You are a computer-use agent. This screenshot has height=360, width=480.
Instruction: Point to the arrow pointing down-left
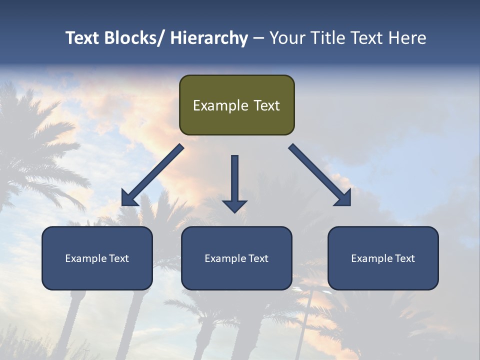(152, 175)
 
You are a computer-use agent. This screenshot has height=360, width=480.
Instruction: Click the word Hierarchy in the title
(209, 38)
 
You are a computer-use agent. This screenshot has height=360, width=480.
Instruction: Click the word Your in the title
(286, 38)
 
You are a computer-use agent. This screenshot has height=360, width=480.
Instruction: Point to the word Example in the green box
(220, 105)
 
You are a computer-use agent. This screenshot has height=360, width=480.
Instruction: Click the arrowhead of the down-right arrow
(344, 199)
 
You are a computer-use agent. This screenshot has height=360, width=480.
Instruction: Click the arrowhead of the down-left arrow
(128, 199)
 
